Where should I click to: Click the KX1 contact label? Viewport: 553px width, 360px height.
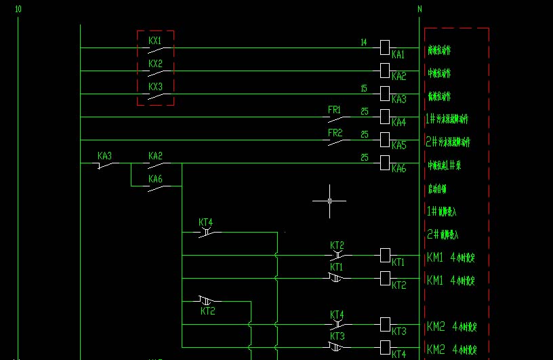tap(155, 41)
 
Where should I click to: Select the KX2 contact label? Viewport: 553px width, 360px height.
tap(155, 64)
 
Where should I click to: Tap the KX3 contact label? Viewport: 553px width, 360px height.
tap(155, 87)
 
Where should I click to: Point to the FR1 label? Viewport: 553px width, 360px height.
tap(335, 110)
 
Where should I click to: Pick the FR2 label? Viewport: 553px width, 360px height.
tap(335, 133)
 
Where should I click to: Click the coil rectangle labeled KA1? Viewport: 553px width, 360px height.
tap(385, 47)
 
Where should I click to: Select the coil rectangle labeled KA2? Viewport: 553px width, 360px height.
tap(385, 70)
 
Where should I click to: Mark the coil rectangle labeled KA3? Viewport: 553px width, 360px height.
tap(385, 93)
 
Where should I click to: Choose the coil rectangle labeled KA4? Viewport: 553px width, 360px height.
tap(385, 117)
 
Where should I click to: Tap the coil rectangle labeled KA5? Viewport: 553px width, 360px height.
tap(385, 140)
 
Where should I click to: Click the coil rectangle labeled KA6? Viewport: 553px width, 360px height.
tap(385, 163)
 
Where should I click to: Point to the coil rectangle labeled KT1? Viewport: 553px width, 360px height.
tap(385, 255)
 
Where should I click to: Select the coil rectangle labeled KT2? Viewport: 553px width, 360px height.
tap(385, 278)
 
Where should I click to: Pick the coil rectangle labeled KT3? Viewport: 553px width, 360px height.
tap(385, 324)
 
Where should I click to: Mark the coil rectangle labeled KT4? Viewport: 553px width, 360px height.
tap(385, 347)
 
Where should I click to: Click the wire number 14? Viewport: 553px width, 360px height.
tap(364, 42)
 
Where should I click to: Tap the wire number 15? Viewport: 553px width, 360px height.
tap(364, 88)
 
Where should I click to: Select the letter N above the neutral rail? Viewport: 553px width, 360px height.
tap(419, 9)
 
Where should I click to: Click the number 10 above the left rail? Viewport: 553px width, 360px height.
tap(18, 9)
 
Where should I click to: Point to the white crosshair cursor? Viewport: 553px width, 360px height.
tap(329, 201)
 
